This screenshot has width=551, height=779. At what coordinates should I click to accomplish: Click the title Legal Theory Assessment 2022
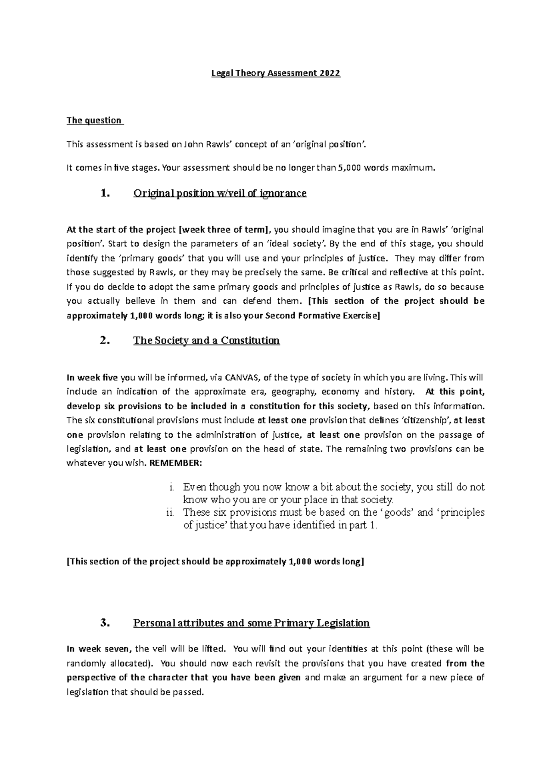275,73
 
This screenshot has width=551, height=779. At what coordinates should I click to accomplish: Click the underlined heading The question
95,121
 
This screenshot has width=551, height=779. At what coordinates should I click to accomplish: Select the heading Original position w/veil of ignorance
219,193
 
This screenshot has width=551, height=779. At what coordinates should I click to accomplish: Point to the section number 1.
105,193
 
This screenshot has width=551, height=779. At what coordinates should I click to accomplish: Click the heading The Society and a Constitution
206,340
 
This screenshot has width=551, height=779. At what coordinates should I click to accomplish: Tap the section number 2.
105,340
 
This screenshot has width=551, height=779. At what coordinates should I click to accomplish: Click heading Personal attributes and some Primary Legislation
251,623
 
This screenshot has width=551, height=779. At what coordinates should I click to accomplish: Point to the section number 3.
105,623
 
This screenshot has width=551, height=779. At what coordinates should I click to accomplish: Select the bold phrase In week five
92,378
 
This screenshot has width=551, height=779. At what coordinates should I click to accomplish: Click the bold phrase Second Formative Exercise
321,316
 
